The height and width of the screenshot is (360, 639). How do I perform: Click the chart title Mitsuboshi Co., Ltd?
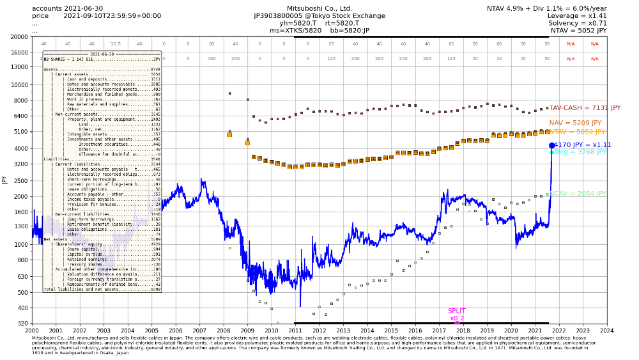point(319,8)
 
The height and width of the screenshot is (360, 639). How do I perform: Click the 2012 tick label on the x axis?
point(319,330)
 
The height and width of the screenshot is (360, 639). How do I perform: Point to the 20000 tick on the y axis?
point(18,36)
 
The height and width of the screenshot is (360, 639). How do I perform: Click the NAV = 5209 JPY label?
point(575,123)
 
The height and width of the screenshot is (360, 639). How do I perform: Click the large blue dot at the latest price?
point(552,146)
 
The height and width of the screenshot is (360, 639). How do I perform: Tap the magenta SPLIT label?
point(457,310)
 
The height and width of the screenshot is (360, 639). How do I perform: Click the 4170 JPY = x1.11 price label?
point(583,145)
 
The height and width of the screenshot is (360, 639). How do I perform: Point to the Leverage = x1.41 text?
point(578,15)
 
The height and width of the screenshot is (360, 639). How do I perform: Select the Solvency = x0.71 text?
point(578,23)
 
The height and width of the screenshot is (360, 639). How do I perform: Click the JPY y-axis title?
point(4,180)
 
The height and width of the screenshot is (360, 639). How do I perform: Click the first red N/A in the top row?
point(571,44)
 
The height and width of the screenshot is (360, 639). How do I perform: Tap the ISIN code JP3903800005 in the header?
point(282,15)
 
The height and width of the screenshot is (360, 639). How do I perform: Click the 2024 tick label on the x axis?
point(606,330)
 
